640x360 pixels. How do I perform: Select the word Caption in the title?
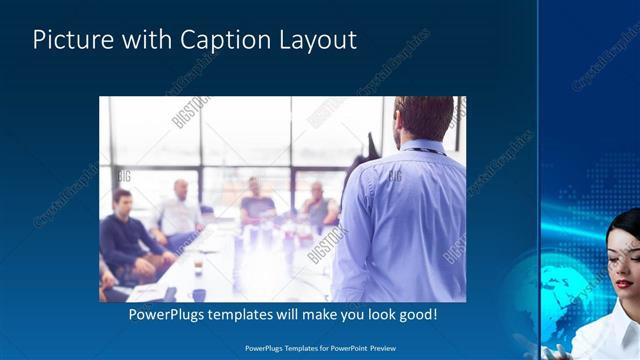(x=221, y=40)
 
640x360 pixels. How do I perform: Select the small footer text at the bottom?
(x=320, y=348)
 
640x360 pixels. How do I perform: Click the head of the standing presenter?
(x=424, y=118)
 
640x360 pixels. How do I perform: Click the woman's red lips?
(x=623, y=284)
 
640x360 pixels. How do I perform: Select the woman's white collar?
(x=610, y=330)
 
